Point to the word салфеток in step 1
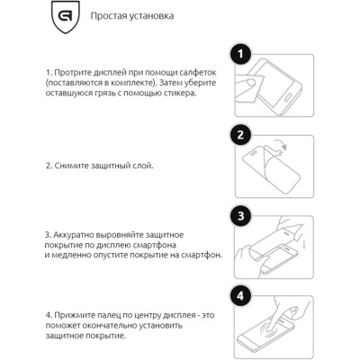(x=209, y=70)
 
